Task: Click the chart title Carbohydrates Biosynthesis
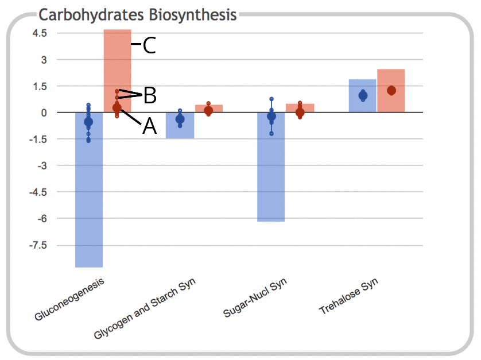(x=137, y=14)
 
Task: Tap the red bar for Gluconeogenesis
(x=118, y=63)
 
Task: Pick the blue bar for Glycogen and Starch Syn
(x=180, y=129)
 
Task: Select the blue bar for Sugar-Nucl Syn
(x=271, y=172)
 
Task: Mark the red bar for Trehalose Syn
(x=391, y=80)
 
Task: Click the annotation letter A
(x=149, y=126)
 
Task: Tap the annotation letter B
(x=150, y=95)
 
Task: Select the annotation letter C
(x=149, y=45)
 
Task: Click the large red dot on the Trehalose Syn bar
(x=391, y=90)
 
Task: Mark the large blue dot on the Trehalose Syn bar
(x=363, y=95)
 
